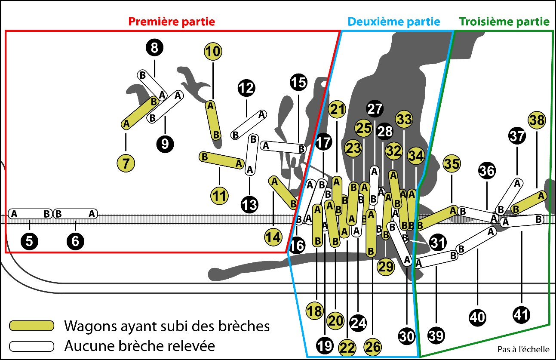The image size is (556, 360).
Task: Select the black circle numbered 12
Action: pos(246,89)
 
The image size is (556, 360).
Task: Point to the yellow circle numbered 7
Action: pos(126,163)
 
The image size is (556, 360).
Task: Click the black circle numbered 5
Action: pos(29,241)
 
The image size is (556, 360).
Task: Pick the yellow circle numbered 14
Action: pos(273,237)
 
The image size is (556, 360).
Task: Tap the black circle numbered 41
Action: pos(522,315)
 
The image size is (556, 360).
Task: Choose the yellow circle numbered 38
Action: pos(537,121)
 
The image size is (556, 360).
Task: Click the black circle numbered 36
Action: pos(487,171)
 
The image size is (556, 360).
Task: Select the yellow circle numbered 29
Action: pos(385,267)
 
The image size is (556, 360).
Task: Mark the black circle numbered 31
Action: pos(437,243)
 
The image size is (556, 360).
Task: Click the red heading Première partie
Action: pos(172,22)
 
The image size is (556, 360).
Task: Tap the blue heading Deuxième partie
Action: pos(394,22)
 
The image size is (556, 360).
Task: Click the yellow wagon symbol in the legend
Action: pos(32,326)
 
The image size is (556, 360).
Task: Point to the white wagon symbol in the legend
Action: pos(32,345)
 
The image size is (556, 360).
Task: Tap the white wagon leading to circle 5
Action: pos(30,214)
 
